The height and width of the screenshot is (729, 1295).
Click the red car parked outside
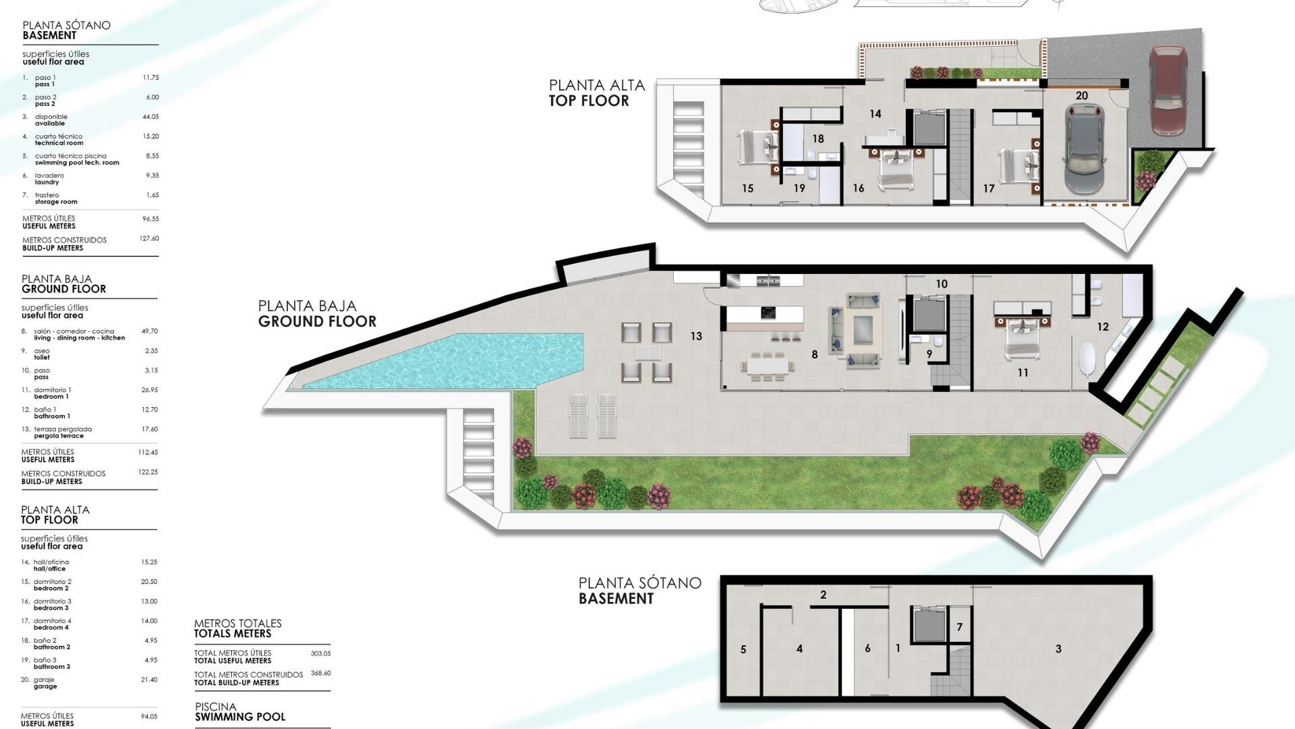[1168, 90]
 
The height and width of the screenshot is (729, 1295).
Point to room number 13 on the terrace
[696, 335]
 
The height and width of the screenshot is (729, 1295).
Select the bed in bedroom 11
[1022, 335]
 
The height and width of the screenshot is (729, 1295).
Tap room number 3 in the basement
[1058, 649]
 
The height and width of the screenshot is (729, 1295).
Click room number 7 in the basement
[959, 627]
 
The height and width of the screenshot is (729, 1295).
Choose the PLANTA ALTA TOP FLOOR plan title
[597, 93]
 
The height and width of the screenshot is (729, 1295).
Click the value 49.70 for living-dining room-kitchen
[149, 331]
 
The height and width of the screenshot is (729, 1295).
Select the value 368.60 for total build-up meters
[320, 673]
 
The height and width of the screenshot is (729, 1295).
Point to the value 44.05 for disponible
[150, 117]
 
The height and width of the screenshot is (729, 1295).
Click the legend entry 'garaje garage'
[45, 683]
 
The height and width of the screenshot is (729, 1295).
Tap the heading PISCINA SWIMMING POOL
[239, 712]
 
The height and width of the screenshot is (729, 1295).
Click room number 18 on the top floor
[817, 139]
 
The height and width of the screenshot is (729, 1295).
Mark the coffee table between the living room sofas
[863, 330]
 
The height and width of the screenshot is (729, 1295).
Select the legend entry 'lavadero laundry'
[49, 179]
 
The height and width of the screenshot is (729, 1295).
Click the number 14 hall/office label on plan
[875, 114]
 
